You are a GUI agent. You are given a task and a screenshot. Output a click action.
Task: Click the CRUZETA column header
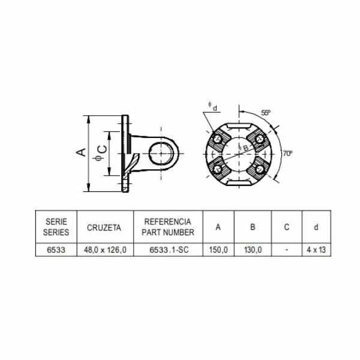[x=104, y=227]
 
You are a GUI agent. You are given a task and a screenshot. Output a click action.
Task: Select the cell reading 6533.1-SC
[x=169, y=250]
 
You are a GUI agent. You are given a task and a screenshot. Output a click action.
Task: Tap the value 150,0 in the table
[x=218, y=250]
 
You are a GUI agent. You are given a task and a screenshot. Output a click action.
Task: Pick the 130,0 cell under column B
[x=253, y=250]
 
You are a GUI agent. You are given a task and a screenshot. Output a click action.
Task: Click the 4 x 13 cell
[x=316, y=250]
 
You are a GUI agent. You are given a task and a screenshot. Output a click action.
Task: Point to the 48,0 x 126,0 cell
[x=105, y=250]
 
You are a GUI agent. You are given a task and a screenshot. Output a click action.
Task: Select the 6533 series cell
[x=56, y=250]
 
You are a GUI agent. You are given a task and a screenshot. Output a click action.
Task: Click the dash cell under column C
[x=287, y=250]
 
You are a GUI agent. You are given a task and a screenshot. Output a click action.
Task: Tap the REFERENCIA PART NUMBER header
[x=168, y=227]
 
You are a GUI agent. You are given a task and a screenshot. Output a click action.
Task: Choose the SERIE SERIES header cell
[x=56, y=227]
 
